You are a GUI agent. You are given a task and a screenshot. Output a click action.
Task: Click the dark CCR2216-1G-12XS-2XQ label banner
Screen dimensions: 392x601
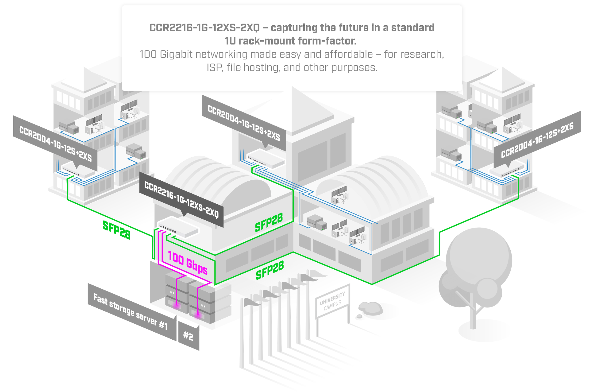(x=181, y=200)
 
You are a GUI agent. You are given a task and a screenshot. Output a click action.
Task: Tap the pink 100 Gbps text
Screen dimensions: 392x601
(x=188, y=263)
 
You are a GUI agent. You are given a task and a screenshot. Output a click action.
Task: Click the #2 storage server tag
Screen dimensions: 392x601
(x=188, y=336)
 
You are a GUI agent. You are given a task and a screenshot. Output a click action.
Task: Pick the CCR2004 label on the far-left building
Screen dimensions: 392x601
(x=56, y=144)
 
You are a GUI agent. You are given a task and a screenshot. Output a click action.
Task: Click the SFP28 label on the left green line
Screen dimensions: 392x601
(x=117, y=230)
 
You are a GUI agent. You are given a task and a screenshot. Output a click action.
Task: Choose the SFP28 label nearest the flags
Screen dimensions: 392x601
(x=270, y=270)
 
